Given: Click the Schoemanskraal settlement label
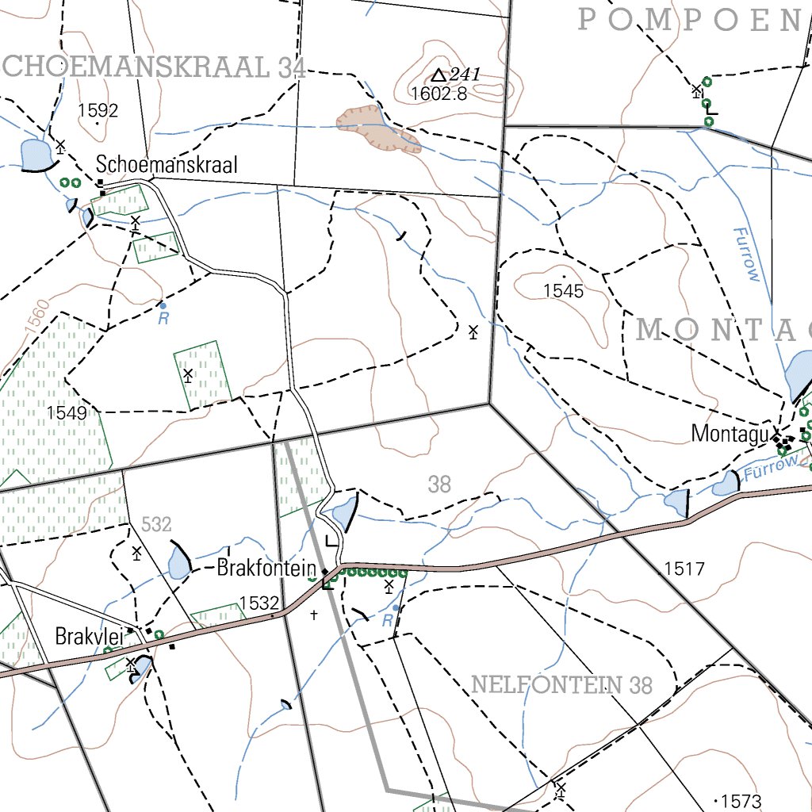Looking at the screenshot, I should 167,164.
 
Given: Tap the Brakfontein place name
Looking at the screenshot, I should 267,569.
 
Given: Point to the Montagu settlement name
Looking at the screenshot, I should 730,434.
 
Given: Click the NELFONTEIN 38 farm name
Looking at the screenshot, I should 561,684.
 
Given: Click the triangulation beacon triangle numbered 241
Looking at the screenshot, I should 439,75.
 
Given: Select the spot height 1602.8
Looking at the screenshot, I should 439,94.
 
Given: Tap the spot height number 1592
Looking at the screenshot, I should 98,110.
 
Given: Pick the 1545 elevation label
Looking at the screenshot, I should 563,291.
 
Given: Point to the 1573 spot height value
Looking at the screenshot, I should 742,800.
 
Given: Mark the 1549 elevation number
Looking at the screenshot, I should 67,412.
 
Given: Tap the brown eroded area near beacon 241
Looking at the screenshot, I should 377,128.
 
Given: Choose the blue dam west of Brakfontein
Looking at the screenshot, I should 179,562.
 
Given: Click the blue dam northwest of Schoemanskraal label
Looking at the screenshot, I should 34,154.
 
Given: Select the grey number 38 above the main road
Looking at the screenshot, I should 439,485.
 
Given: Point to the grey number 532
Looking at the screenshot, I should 156,524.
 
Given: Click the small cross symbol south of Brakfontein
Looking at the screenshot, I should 314,615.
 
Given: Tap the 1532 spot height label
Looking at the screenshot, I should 259,603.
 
